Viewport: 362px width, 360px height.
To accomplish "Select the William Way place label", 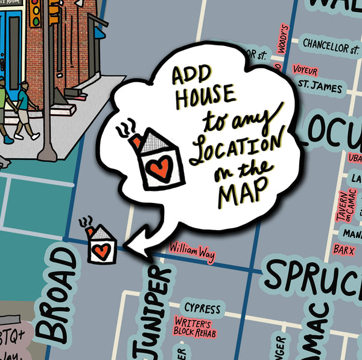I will pyautogui.click(x=192, y=251).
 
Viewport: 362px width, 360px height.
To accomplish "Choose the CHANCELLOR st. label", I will pyautogui.click(x=331, y=45).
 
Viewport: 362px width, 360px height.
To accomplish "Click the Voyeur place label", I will pyautogui.click(x=304, y=70).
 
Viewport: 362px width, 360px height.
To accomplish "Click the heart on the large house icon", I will pyautogui.click(x=159, y=166).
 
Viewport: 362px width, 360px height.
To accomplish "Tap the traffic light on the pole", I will pyautogui.click(x=36, y=13).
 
